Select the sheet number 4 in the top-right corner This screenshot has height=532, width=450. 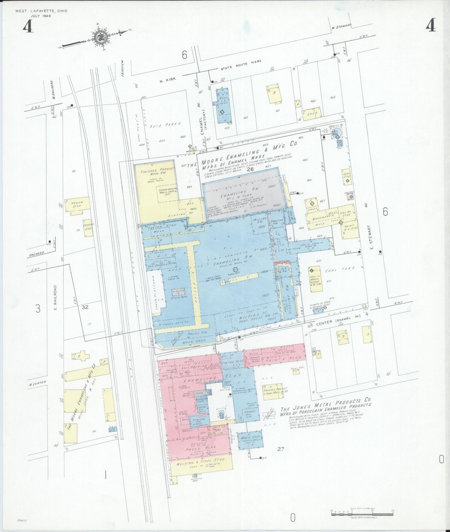(431, 26)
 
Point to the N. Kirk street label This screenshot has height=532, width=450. (168, 80)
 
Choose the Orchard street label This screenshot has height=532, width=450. (36, 254)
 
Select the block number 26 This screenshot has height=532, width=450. (250, 170)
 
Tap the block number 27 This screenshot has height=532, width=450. (281, 449)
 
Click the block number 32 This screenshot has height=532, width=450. (85, 307)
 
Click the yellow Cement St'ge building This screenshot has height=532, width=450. (88, 227)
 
